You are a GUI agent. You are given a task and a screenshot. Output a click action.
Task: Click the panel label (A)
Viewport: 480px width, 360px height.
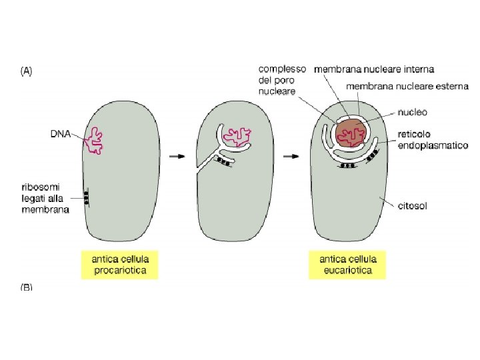[26, 71]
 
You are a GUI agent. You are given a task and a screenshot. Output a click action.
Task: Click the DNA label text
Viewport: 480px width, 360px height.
[61, 133]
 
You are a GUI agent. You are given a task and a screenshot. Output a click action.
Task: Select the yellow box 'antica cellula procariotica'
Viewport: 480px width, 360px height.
[119, 265]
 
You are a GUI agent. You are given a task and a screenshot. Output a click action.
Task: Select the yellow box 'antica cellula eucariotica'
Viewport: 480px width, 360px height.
[349, 265]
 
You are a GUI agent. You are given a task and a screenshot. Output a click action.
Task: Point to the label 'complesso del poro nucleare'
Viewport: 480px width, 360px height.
[282, 79]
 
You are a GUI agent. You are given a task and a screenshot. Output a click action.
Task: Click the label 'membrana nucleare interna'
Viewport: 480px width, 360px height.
[374, 69]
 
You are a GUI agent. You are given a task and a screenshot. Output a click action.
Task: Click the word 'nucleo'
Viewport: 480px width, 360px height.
[412, 113]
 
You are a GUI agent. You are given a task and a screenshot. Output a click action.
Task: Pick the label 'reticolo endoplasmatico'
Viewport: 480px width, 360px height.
[433, 139]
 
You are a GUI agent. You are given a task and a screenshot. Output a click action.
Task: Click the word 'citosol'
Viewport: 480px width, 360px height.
[412, 207]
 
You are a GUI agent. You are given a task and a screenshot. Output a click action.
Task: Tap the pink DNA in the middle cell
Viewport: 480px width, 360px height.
[238, 135]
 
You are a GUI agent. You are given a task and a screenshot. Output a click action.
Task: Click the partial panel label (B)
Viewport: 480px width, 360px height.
[26, 287]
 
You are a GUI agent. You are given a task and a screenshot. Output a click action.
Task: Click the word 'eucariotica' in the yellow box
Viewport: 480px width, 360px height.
[349, 271]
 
